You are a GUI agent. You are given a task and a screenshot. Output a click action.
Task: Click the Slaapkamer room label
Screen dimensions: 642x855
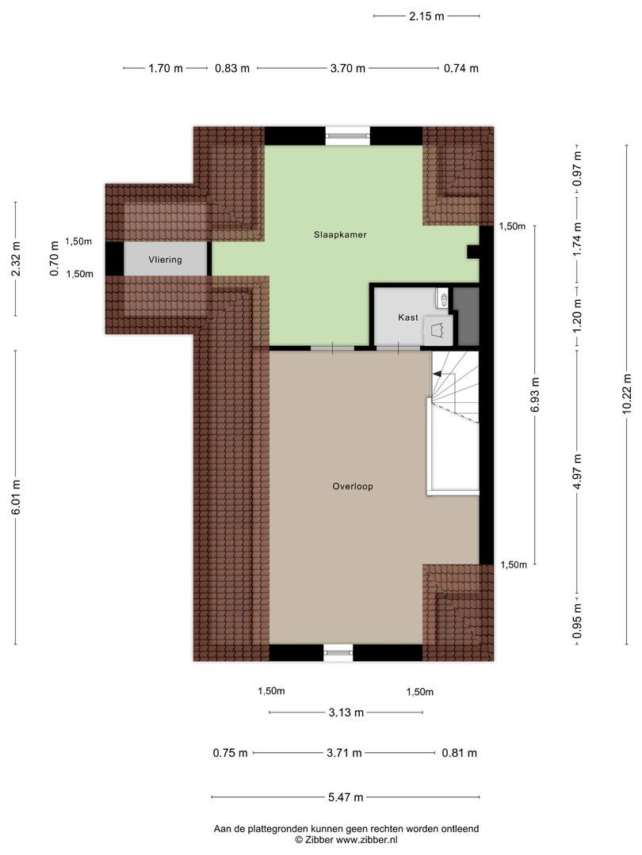tap(339, 235)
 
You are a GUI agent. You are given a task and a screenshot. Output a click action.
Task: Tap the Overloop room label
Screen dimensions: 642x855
tap(353, 486)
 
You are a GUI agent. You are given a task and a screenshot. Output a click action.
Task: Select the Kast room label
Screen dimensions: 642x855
tap(408, 317)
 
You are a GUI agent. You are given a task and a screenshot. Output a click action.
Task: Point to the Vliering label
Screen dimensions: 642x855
tap(165, 260)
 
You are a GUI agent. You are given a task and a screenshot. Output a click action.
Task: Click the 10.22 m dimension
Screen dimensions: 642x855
tap(627, 393)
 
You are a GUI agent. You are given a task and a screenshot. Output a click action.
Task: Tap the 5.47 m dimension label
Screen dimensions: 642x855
tap(346, 797)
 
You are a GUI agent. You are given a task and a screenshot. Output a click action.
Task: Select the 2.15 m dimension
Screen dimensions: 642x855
tap(426, 17)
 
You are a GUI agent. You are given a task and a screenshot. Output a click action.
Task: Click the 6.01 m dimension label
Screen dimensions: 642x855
tap(16, 496)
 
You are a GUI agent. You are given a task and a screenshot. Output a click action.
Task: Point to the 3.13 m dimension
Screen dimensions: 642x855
tap(346, 712)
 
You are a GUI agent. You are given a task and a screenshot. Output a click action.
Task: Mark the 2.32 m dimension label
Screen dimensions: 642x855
tap(16, 258)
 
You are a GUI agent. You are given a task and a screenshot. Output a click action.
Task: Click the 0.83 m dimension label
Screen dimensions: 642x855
tap(232, 69)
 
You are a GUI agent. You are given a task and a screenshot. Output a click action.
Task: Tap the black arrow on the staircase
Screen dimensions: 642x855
tap(437, 374)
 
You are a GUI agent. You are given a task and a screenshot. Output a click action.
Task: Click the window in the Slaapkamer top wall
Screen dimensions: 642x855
tap(348, 136)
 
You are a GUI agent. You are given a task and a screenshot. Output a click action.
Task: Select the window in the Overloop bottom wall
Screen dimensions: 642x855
tap(338, 652)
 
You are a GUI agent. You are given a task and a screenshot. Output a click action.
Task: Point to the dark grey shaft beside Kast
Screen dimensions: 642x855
tap(466, 316)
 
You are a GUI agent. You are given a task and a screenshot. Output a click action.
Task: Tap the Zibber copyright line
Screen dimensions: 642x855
tap(346, 840)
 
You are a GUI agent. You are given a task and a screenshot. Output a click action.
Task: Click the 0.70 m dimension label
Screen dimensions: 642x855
tap(55, 258)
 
